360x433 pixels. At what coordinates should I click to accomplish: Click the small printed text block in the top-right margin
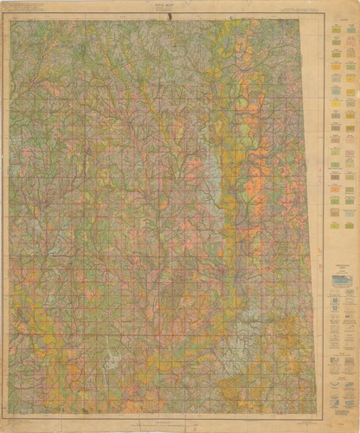294,11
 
